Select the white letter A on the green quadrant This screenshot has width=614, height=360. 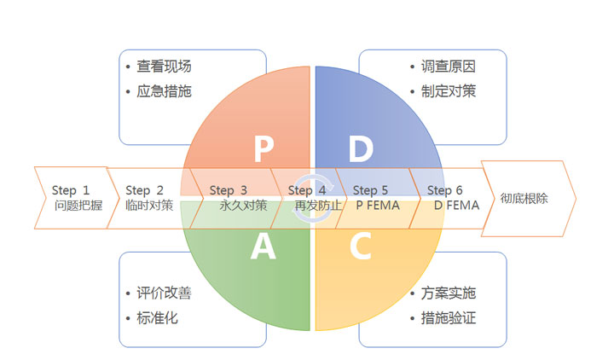(x=263, y=247)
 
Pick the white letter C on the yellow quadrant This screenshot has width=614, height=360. (x=361, y=247)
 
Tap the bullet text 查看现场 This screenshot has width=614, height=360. (x=164, y=66)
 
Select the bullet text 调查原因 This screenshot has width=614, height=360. (x=449, y=66)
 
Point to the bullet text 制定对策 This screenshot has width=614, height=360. (x=449, y=90)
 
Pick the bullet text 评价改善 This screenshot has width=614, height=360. (x=164, y=293)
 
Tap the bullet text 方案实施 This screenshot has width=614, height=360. (x=449, y=293)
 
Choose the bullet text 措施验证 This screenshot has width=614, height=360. (x=449, y=318)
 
